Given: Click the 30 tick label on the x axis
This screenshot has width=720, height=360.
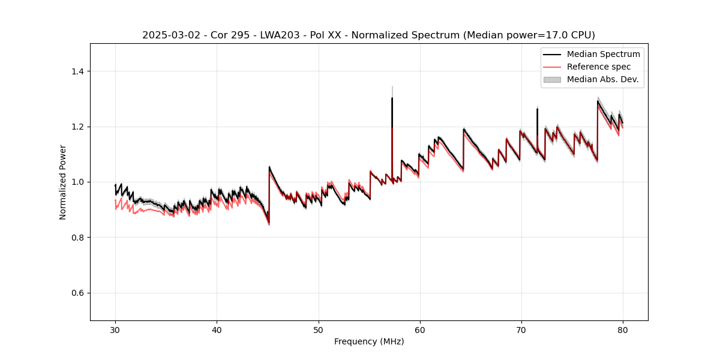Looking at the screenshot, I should click(x=115, y=329).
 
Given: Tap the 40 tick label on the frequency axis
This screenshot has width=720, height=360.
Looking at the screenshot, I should click(x=217, y=329).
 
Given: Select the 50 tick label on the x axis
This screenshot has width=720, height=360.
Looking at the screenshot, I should click(x=318, y=329).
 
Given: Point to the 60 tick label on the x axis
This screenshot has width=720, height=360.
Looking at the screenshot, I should click(x=419, y=329).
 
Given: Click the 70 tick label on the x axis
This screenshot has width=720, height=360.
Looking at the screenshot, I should click(x=521, y=329).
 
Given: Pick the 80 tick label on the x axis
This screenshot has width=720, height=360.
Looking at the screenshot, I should click(x=622, y=329).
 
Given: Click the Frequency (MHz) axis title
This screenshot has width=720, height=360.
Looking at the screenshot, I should click(x=369, y=341).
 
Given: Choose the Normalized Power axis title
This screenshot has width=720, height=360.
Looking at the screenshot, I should click(x=63, y=182).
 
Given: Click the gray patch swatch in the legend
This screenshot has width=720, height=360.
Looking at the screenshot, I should click(x=552, y=79).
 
